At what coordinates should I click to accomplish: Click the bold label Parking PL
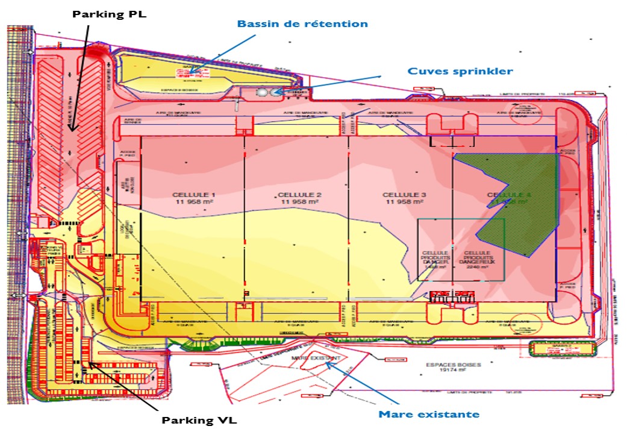click(x=109, y=14)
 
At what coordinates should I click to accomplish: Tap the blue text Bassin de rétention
click(x=302, y=24)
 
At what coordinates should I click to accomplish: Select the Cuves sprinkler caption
click(x=460, y=71)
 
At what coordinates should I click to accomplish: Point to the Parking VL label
click(x=199, y=420)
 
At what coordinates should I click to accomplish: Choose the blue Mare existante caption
click(x=429, y=414)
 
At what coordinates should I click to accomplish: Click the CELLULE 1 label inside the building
click(x=193, y=195)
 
